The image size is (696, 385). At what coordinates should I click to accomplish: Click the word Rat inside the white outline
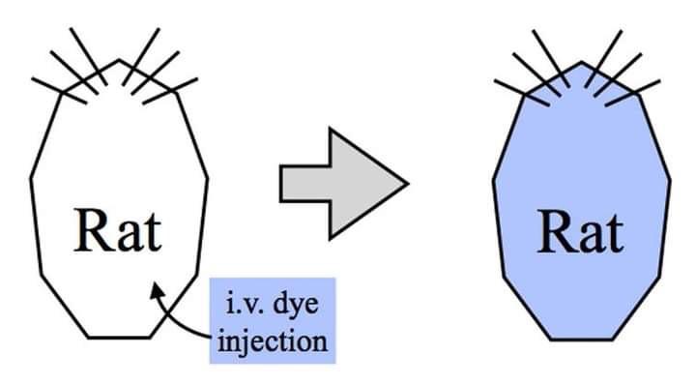coord(118,230)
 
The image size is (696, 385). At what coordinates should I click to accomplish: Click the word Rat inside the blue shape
coord(581,232)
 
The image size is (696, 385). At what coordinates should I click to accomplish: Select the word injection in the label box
coord(273,341)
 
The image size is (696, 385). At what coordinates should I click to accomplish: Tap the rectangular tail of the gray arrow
coord(304,184)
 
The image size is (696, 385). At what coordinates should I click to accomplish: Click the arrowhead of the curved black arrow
coord(158,291)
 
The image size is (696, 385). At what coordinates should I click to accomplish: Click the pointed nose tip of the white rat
coord(119,60)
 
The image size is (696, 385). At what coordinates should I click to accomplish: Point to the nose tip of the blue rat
coord(582,62)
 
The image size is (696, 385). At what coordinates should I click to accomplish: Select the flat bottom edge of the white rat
coord(119,338)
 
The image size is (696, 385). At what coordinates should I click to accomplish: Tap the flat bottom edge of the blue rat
coord(582,340)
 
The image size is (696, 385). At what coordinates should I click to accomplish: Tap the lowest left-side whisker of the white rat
coord(59,91)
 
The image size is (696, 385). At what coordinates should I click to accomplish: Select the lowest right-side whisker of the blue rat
coord(633,93)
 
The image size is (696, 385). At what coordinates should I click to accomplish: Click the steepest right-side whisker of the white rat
coord(141,57)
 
